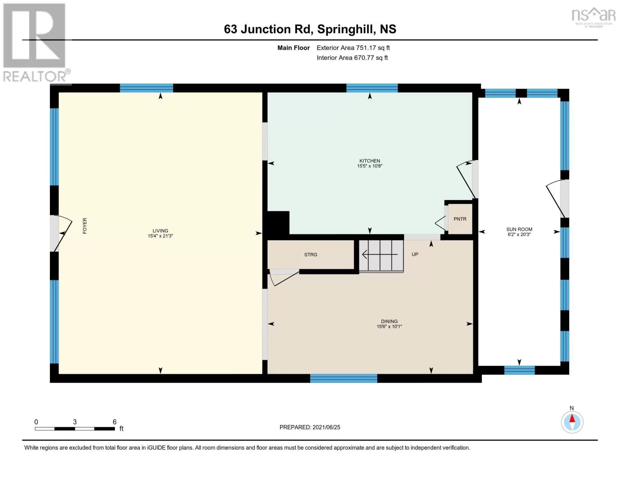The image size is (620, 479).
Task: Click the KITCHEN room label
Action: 370,160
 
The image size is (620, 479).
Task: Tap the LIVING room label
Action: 160,230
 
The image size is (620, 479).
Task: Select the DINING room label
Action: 389,321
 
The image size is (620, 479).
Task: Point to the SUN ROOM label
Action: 519,229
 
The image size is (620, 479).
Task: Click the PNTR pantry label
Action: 460,219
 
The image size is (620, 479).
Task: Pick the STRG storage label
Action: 311,255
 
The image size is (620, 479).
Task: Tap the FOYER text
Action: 85,226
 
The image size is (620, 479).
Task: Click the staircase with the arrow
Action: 381,255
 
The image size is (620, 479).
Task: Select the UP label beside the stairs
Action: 415,254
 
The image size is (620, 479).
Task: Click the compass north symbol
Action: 572,422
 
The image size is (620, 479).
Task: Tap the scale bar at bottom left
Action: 75,428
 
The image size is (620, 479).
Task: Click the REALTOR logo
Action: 36,43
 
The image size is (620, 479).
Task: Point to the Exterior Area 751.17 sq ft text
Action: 353,48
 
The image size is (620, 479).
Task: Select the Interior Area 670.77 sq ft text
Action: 352,57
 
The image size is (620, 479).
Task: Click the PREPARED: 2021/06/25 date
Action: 310,427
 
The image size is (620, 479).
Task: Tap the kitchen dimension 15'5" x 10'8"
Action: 370,166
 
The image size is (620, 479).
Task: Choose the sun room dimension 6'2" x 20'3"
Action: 519,234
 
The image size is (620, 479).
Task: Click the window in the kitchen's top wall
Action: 372,88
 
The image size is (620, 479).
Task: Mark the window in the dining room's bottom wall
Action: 343,378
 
